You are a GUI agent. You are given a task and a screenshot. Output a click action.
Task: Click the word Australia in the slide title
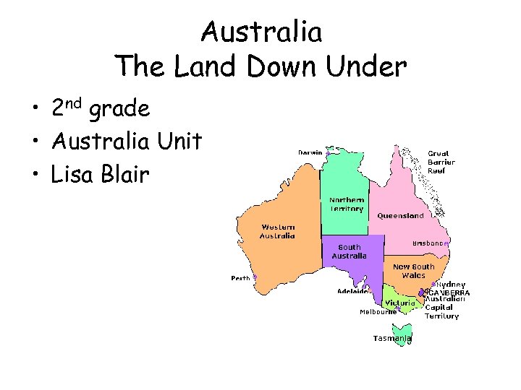[x=261, y=32]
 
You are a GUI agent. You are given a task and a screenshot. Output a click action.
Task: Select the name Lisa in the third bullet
[x=78, y=175]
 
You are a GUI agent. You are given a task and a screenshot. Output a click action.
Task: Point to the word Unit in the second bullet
[x=179, y=142]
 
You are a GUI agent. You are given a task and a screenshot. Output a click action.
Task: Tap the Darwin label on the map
[x=311, y=152]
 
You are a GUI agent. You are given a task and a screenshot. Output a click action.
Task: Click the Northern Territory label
[x=347, y=204]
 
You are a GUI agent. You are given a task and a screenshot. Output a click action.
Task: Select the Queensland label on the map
[x=400, y=216]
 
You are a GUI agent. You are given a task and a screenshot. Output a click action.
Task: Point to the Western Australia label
[x=278, y=231]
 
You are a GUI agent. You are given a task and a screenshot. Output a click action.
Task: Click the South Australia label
[x=349, y=251]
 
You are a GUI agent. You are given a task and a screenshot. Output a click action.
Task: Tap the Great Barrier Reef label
[x=441, y=162]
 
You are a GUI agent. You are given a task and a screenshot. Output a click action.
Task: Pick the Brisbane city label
[x=428, y=243]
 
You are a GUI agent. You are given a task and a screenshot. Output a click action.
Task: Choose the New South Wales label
[x=414, y=271]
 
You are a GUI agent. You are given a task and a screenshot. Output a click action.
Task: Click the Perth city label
[x=240, y=278]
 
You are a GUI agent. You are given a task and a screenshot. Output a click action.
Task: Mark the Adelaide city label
[x=352, y=292]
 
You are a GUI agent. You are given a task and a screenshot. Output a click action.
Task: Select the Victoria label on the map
[x=399, y=303]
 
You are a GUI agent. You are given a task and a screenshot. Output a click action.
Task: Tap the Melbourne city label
[x=378, y=312]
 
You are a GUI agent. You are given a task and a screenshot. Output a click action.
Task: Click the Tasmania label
[x=391, y=338]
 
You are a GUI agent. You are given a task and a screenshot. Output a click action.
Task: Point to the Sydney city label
[x=452, y=285]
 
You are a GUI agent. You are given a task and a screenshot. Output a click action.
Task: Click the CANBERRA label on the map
[x=449, y=292]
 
